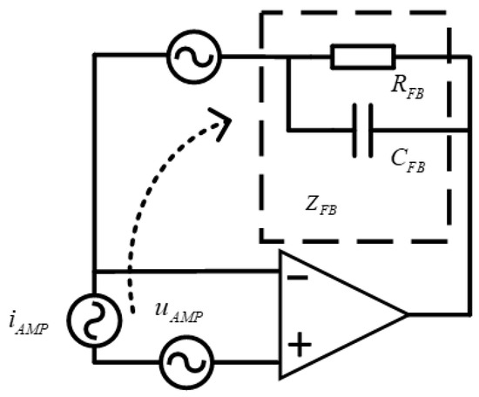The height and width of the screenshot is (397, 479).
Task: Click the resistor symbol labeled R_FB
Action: pyautogui.click(x=362, y=57)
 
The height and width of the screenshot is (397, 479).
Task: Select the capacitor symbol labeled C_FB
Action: pyautogui.click(x=362, y=131)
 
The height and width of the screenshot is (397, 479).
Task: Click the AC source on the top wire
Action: pyautogui.click(x=193, y=57)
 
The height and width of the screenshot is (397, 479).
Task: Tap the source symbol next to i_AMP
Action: pyautogui.click(x=91, y=319)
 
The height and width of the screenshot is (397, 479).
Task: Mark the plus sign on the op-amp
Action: pyautogui.click(x=299, y=345)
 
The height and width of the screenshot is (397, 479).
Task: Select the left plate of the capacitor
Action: pyautogui.click(x=355, y=131)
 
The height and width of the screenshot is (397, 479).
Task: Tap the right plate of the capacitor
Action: pyautogui.click(x=369, y=131)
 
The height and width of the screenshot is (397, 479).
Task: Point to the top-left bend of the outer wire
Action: pyautogui.click(x=92, y=57)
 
